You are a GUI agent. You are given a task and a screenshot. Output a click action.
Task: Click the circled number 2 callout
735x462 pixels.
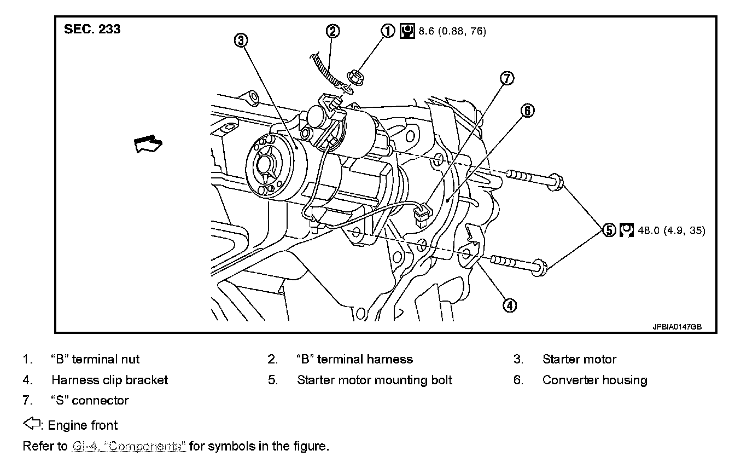(x=333, y=31)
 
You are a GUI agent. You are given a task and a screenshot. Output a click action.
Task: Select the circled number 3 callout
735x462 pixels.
(x=241, y=39)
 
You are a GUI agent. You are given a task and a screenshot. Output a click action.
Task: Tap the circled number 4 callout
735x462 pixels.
(x=509, y=306)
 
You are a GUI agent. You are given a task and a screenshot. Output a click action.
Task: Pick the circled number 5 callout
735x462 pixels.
(x=609, y=230)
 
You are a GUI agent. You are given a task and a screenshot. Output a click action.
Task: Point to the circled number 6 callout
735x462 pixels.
(x=526, y=111)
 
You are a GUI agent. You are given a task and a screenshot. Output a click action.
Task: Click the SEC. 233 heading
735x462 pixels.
(x=92, y=30)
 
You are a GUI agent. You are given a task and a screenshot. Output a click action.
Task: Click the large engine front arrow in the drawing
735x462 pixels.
(x=148, y=145)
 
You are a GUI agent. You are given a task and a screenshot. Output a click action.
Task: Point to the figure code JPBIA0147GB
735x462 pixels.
(x=676, y=326)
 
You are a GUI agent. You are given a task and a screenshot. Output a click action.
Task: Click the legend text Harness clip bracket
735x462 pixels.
(x=109, y=380)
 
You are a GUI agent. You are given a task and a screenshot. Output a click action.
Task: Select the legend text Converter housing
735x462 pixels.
(x=594, y=380)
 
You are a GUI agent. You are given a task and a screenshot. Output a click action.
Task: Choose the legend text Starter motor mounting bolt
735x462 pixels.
(x=375, y=380)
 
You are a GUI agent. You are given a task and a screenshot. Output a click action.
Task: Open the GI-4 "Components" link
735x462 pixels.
(x=129, y=446)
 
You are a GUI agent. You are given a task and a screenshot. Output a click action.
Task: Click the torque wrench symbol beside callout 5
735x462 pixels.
(x=627, y=230)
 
